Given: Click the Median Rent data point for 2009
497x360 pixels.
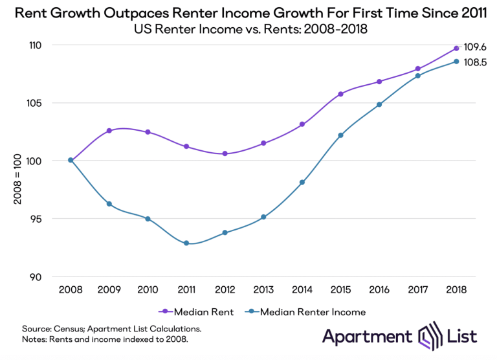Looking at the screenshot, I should click(109, 131).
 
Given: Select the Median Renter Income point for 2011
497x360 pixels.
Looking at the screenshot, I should click(186, 243).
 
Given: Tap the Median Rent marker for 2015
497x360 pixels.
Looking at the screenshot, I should click(341, 94).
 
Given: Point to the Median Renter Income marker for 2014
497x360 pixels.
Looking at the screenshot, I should click(302, 183).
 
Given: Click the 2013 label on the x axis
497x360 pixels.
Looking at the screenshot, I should click(263, 290).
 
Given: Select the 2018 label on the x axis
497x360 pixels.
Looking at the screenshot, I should click(456, 290).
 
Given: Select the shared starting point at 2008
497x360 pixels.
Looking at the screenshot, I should click(71, 161).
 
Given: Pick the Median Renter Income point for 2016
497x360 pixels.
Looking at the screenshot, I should click(379, 104).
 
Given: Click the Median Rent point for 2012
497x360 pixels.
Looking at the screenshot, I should click(225, 153).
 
